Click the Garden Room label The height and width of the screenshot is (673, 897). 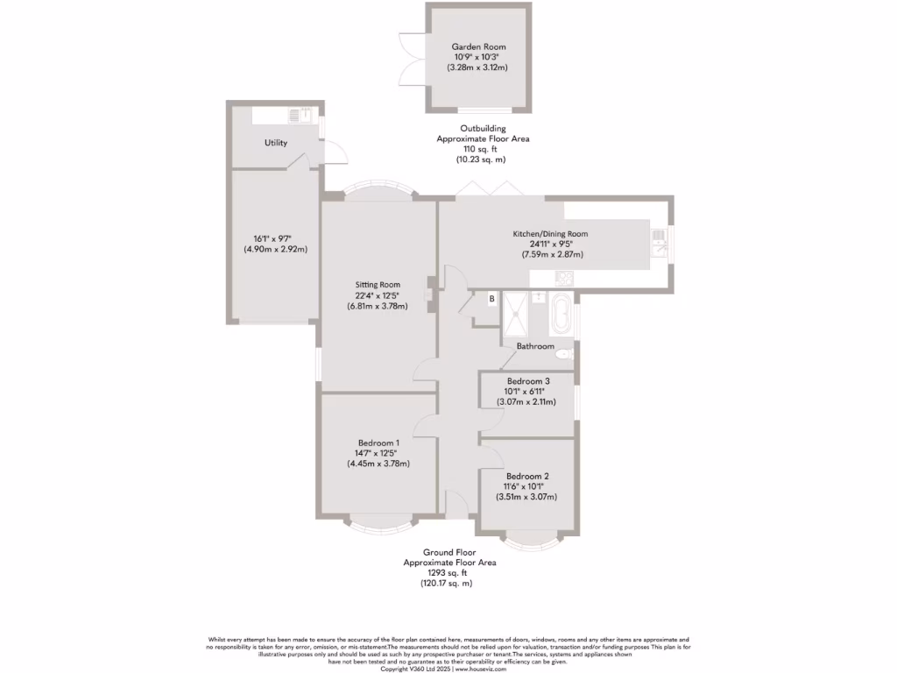(478, 46)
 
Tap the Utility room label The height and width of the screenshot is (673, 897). (276, 143)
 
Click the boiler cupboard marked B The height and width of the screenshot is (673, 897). (491, 300)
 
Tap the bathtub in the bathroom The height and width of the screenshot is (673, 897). (560, 316)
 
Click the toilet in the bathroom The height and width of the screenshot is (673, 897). (564, 354)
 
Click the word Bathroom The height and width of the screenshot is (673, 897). (535, 346)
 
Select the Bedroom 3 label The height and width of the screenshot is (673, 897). (528, 381)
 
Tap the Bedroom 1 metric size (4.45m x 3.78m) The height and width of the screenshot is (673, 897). (378, 464)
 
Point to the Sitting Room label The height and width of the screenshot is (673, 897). (378, 285)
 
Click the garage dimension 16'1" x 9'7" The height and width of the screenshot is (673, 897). (275, 238)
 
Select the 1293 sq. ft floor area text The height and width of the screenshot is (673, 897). (448, 572)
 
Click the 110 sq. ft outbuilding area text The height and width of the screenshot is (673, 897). (483, 149)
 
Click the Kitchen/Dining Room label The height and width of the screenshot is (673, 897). (550, 234)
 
